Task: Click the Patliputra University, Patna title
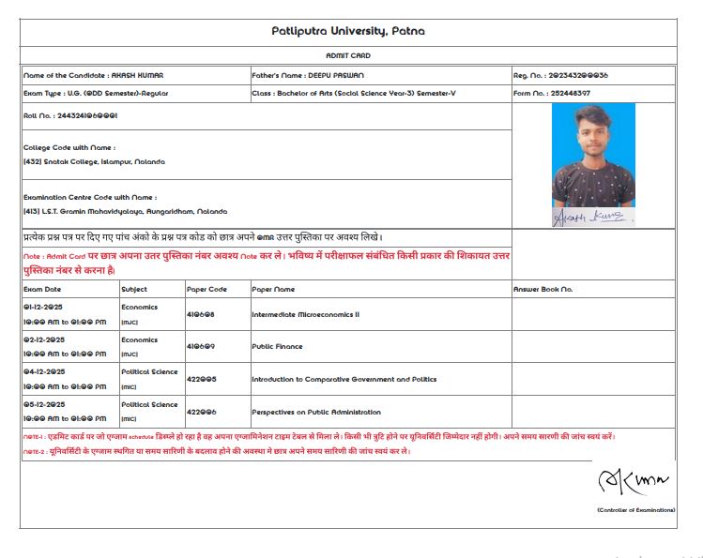tap(348, 31)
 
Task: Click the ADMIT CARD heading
tap(348, 56)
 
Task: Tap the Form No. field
tap(551, 93)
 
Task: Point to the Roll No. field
tap(70, 115)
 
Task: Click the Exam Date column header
tap(42, 289)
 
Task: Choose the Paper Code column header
tap(206, 289)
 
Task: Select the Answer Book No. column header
tap(543, 289)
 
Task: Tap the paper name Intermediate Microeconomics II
tap(305, 314)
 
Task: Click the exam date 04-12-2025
tap(44, 371)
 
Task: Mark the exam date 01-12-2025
tap(44, 307)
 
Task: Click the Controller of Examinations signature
tap(634, 481)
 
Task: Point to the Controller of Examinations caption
tap(634, 509)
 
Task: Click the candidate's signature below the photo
tap(593, 218)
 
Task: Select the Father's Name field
tap(309, 74)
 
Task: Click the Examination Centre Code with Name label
tap(90, 197)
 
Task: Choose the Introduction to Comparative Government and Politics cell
tap(344, 379)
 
